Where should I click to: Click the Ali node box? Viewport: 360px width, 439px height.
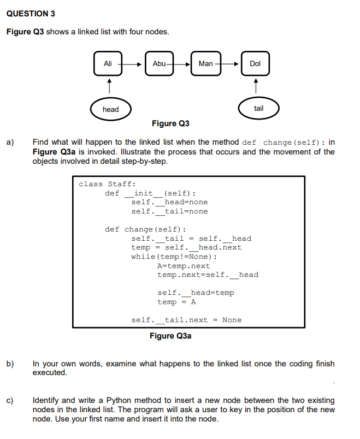[108, 63]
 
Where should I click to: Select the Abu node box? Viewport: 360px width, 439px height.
[159, 63]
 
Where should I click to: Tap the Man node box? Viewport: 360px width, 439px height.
[206, 63]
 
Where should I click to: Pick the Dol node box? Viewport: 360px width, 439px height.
[255, 63]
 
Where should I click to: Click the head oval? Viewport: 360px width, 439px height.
[110, 109]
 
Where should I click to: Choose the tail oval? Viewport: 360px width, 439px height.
[259, 108]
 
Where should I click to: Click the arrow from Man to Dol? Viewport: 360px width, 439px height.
[229, 64]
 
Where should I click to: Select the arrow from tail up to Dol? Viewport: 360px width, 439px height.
[255, 85]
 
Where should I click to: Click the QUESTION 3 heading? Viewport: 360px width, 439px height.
[31, 13]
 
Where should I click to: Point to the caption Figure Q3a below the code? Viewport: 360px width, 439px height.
[170, 336]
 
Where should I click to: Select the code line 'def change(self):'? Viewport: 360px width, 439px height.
[145, 229]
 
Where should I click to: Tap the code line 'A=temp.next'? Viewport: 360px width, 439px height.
[184, 265]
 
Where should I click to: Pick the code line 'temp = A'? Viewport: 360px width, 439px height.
[176, 302]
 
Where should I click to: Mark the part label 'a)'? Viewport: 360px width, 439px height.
[10, 143]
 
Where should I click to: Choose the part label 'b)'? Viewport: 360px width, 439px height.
[10, 364]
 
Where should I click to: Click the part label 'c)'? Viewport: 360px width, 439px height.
[10, 400]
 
